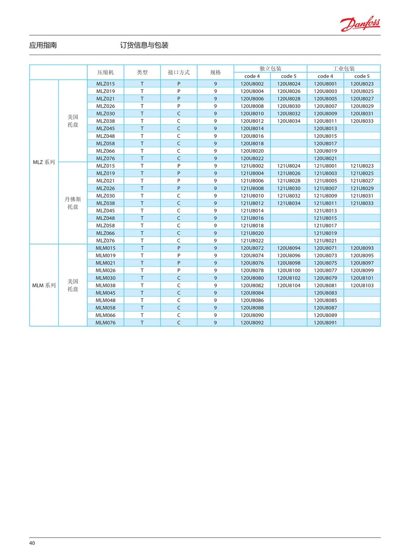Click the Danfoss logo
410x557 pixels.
(x=360, y=23)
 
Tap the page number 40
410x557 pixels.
(x=32, y=543)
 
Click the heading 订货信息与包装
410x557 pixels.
(x=144, y=46)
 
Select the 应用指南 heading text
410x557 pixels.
(x=43, y=46)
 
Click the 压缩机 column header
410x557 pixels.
(x=105, y=72)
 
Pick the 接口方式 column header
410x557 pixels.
(x=179, y=72)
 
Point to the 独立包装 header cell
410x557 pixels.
(x=270, y=69)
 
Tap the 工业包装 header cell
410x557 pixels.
(x=344, y=69)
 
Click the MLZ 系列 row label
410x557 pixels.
(x=44, y=162)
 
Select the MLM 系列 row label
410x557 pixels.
(x=44, y=285)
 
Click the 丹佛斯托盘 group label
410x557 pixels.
(x=73, y=203)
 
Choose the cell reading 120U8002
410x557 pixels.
(x=252, y=84)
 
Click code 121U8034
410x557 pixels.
(x=289, y=203)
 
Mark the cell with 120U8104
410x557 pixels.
(x=289, y=285)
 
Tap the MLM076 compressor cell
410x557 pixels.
(x=105, y=323)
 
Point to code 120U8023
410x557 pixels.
(x=362, y=84)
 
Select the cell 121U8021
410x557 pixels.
(x=325, y=241)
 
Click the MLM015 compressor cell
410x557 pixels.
(x=105, y=248)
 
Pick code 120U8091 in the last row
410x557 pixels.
(x=325, y=323)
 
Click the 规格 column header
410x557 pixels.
(x=215, y=72)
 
